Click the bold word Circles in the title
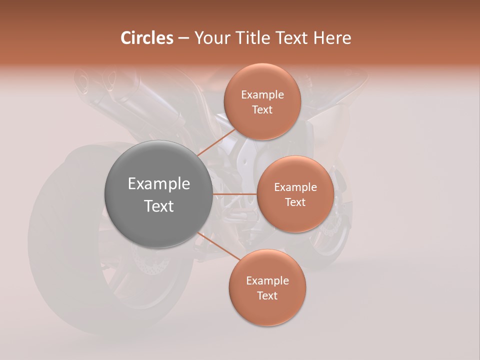coord(146,38)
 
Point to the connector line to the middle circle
coord(235,194)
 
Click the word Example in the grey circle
coord(159,184)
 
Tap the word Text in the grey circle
coord(159,206)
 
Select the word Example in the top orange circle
coord(262,95)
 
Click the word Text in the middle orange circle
coord(295,202)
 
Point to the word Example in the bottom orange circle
coord(267,281)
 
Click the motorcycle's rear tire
coord(55,240)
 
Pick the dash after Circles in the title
coord(183,38)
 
